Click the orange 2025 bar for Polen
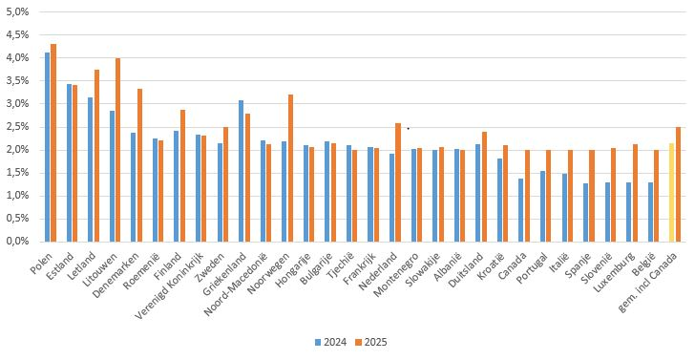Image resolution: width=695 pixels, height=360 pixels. pyautogui.click(x=53, y=143)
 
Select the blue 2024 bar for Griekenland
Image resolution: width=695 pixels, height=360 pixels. pyautogui.click(x=242, y=171)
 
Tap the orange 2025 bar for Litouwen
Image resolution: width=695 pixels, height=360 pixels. pyautogui.click(x=118, y=150)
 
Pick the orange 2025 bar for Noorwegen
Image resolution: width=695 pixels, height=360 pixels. pyautogui.click(x=290, y=168)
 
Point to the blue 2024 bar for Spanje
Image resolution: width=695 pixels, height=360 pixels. pyautogui.click(x=585, y=212)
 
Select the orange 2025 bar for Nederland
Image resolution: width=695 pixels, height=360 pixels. pyautogui.click(x=398, y=182)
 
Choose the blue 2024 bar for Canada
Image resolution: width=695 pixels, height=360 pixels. pyautogui.click(x=521, y=210)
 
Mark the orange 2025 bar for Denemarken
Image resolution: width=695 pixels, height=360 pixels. pyautogui.click(x=139, y=165)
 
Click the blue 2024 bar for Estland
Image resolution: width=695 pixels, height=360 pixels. pyautogui.click(x=69, y=162)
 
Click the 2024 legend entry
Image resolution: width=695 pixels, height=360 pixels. pyautogui.click(x=330, y=342)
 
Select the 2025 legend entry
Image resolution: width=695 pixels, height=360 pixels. pyautogui.click(x=371, y=342)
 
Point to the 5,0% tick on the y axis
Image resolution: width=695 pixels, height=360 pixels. pyautogui.click(x=18, y=11)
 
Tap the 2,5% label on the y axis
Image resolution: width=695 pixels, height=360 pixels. pyautogui.click(x=18, y=127)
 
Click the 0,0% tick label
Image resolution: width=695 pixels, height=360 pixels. pyautogui.click(x=18, y=242)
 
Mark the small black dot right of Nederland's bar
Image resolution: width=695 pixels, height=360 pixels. pyautogui.click(x=409, y=129)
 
